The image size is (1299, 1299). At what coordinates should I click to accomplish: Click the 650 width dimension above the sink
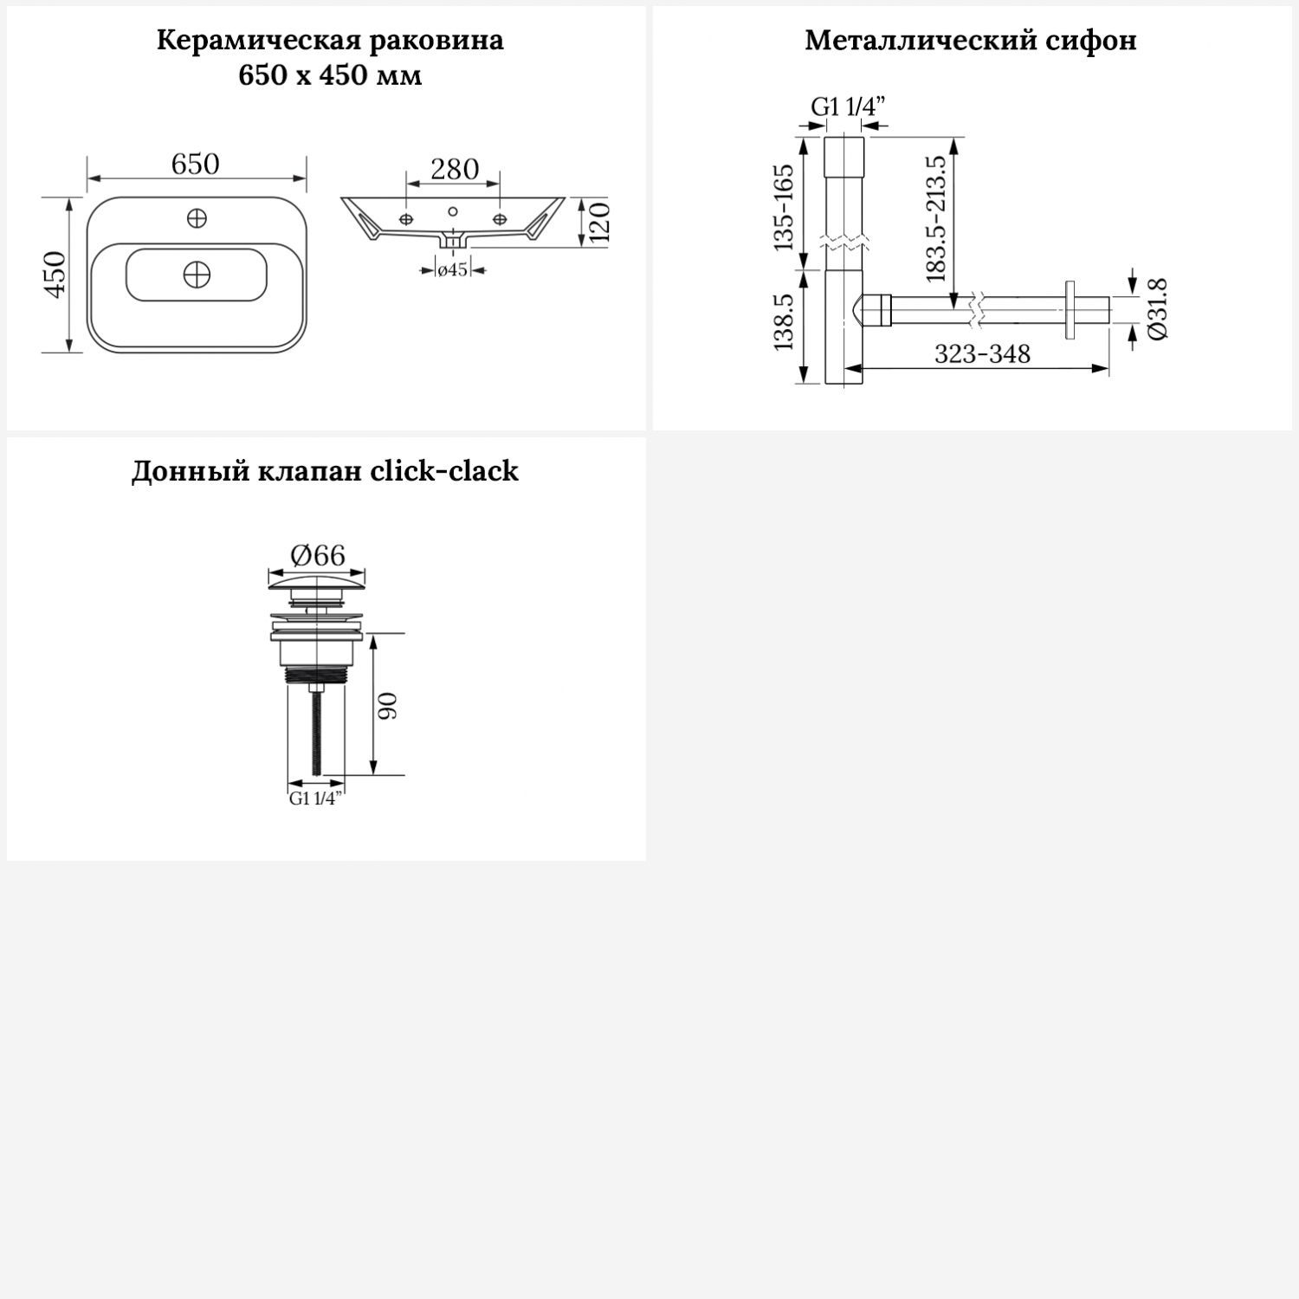coord(196,164)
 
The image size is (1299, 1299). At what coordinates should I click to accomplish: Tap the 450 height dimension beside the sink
coord(55,274)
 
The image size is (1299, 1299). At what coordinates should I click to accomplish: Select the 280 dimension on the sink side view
coord(455,169)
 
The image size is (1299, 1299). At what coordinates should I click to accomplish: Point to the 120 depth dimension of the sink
coord(600,221)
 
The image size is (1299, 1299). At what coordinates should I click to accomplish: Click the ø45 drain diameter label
coord(452,270)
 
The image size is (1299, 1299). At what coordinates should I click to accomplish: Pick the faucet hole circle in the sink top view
coord(197,217)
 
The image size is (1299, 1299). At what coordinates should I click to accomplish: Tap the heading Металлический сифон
coord(971,40)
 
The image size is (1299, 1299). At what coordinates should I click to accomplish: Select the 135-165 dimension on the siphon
coord(784,207)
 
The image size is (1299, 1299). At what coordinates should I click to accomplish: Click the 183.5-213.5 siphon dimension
coord(936,219)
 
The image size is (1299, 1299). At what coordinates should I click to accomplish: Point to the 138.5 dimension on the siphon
coord(784,321)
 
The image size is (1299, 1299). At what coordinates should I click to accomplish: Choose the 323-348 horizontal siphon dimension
coord(982,353)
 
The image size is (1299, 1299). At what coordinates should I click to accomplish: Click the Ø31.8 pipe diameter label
coord(1157,309)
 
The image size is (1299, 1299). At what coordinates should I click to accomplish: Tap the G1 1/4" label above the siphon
coord(848,107)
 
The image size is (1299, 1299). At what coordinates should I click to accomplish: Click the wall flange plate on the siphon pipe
coord(1071,309)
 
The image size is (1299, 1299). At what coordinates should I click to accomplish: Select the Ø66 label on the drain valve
coord(318,554)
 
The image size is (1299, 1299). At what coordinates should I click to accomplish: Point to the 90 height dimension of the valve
coord(387,706)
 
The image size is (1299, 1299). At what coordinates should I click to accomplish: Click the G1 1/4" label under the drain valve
coord(316,798)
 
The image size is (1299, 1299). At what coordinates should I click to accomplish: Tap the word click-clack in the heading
coord(444,471)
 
